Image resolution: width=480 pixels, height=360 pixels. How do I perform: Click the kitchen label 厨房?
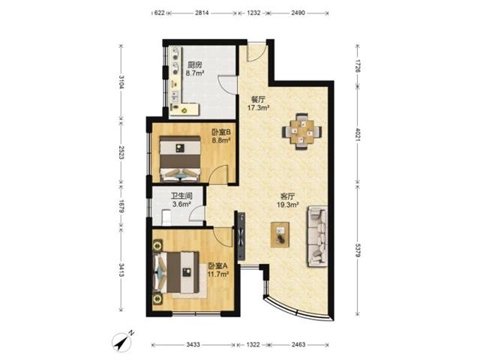(195, 65)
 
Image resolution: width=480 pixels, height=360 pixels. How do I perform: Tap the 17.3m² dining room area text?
(259, 107)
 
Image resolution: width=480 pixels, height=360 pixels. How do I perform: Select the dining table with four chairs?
(301, 132)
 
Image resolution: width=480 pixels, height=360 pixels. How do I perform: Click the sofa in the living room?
(317, 236)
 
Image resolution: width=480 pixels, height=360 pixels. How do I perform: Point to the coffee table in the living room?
(280, 235)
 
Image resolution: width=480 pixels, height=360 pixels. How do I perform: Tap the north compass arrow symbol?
(123, 341)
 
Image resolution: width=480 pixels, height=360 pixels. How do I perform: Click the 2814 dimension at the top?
(202, 13)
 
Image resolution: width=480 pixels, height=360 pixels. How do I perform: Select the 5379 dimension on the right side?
(357, 250)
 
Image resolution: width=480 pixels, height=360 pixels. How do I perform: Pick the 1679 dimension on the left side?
(121, 207)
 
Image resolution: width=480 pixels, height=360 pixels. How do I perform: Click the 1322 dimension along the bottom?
(253, 345)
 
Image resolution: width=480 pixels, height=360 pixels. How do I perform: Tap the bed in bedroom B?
(180, 159)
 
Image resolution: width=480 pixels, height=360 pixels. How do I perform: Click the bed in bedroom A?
(176, 272)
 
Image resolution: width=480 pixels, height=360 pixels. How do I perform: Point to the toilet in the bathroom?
(166, 217)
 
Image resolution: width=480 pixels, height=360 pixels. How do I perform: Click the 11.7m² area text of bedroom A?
(218, 274)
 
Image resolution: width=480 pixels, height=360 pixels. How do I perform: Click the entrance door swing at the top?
(256, 52)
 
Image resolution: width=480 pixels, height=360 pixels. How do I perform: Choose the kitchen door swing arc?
(226, 84)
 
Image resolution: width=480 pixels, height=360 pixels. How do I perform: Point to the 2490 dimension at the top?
(298, 13)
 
